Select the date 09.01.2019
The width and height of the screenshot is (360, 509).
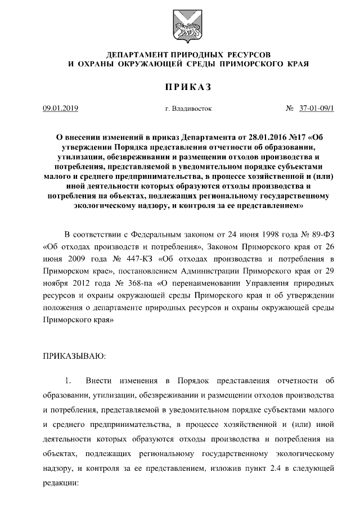click(x=61, y=108)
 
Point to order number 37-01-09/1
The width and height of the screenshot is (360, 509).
click(x=316, y=108)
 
